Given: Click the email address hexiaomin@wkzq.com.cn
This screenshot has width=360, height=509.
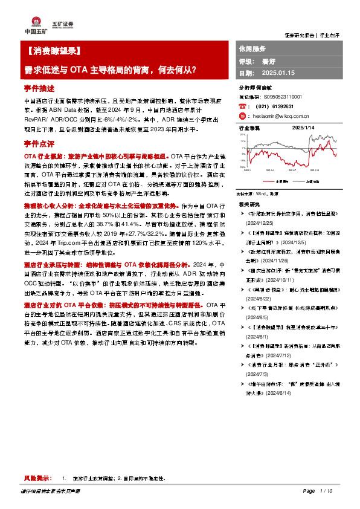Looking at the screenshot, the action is tap(283, 116).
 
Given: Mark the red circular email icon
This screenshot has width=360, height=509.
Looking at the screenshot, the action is tap(243, 116).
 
